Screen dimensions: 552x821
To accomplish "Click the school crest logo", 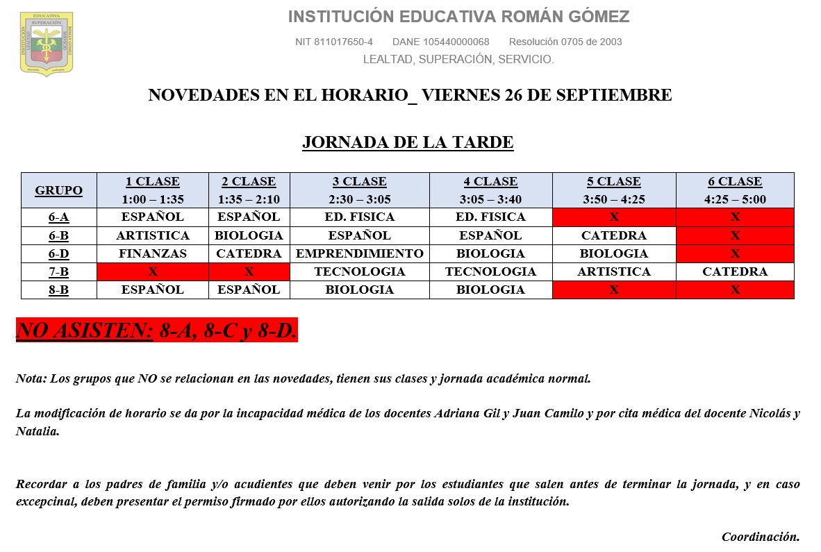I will click(x=47, y=44).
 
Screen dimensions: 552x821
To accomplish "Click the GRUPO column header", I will click(x=58, y=190).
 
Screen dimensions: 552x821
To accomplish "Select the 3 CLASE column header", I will click(x=359, y=182).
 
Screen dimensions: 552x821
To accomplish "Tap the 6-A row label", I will click(x=58, y=217).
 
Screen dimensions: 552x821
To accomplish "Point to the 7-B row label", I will click(x=58, y=271).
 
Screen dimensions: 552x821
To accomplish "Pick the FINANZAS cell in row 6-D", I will click(x=153, y=253).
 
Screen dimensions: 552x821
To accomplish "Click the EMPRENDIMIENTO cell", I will click(x=359, y=253).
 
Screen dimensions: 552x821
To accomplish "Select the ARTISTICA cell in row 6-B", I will click(x=153, y=235).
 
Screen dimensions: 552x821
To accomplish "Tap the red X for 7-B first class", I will click(x=153, y=271).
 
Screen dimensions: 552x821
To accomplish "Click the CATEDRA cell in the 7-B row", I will click(x=735, y=271).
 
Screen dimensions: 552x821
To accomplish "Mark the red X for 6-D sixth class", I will click(x=735, y=253).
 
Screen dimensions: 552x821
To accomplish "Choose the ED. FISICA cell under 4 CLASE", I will click(x=490, y=217).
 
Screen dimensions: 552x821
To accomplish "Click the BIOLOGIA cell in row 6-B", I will click(x=249, y=235).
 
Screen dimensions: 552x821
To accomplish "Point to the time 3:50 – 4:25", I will click(x=614, y=199).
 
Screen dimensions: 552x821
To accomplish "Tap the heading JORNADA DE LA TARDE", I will click(x=408, y=143).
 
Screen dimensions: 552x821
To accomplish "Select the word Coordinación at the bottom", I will click(x=761, y=537).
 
